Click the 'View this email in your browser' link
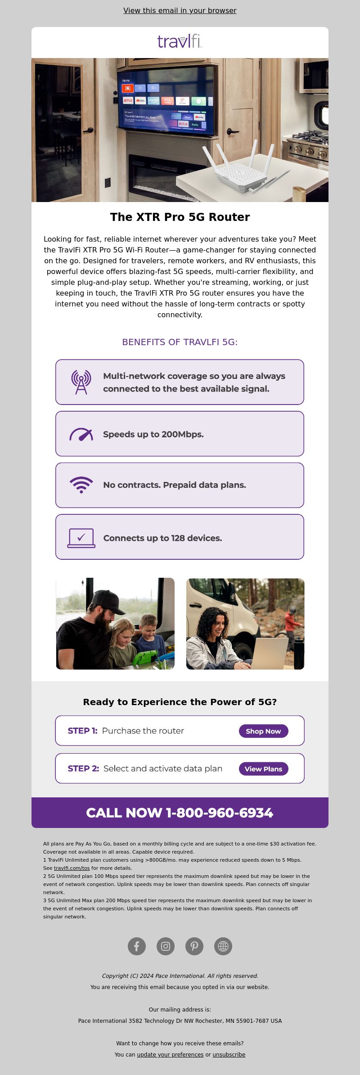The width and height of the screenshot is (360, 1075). pyautogui.click(x=180, y=10)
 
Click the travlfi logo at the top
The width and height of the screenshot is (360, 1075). pyautogui.click(x=180, y=41)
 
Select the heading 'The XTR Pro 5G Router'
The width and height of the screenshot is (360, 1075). pyautogui.click(x=180, y=217)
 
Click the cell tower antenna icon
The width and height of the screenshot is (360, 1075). pyautogui.click(x=81, y=382)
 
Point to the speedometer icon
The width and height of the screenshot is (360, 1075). pyautogui.click(x=81, y=435)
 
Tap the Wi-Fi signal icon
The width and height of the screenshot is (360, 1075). pyautogui.click(x=81, y=485)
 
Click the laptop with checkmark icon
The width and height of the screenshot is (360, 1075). pyautogui.click(x=81, y=538)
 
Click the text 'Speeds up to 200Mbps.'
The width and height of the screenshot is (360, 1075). pyautogui.click(x=153, y=434)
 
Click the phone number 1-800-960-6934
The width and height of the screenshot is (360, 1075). pyautogui.click(x=220, y=813)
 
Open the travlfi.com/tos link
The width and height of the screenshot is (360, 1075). pyautogui.click(x=72, y=868)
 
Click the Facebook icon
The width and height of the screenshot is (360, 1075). pyautogui.click(x=137, y=946)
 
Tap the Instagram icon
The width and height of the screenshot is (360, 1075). pyautogui.click(x=166, y=946)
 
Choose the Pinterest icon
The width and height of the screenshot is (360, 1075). pyautogui.click(x=194, y=946)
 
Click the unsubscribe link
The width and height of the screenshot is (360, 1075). pyautogui.click(x=229, y=1054)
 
